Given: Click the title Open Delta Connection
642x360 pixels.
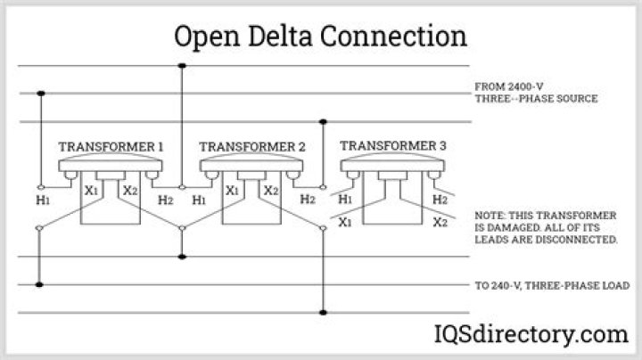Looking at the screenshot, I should click(320, 37).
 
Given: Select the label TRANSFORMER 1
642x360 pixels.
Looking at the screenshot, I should click(111, 146).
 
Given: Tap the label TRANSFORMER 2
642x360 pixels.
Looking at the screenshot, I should click(252, 146).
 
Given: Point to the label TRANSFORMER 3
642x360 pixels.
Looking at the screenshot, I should click(393, 145).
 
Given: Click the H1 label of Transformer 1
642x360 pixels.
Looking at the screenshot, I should click(43, 200).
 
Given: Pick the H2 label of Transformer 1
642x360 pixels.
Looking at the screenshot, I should click(166, 200).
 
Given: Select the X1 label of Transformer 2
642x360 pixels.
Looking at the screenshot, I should click(232, 190).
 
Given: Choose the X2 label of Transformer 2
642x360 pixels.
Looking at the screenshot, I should click(271, 190).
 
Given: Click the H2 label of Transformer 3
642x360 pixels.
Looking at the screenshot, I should click(440, 199).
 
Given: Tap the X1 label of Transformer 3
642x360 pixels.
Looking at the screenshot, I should click(345, 222).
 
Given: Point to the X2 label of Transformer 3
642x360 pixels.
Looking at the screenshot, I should click(440, 222).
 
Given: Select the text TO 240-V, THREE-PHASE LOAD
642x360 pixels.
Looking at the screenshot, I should click(553, 285).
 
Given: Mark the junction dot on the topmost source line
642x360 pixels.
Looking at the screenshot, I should click(183, 66).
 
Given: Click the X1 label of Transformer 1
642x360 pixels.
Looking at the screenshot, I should click(91, 190).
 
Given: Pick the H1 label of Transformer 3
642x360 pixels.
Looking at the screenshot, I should click(345, 199).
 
